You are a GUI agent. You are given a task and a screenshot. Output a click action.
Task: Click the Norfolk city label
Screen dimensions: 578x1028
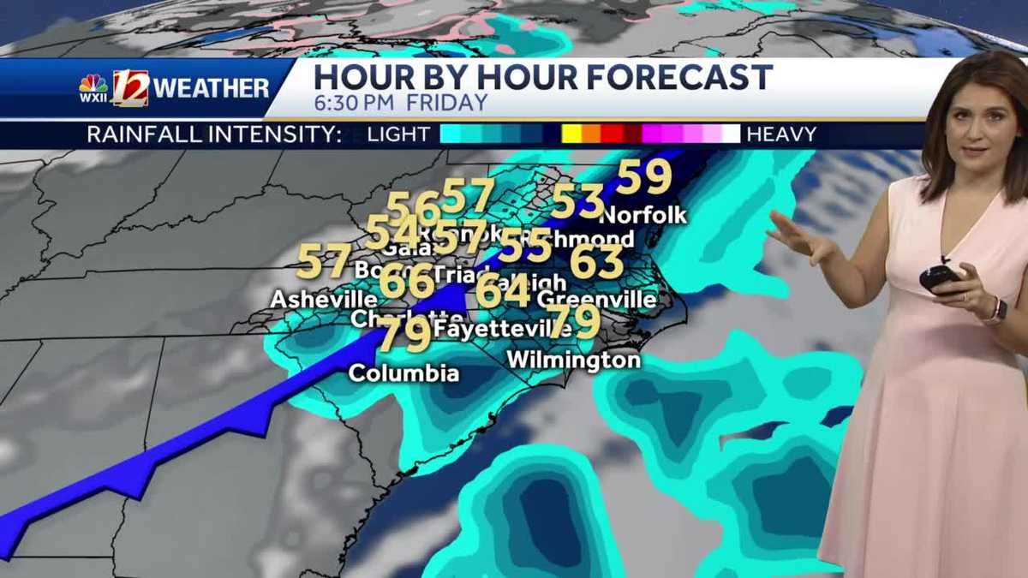pyautogui.click(x=643, y=215)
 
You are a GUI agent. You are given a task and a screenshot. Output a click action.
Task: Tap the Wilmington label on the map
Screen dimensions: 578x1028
pyautogui.click(x=573, y=361)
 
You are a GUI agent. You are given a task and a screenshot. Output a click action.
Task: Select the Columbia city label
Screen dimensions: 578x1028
pyautogui.click(x=403, y=373)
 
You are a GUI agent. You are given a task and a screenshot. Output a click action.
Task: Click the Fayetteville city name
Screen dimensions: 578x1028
pyautogui.click(x=491, y=328)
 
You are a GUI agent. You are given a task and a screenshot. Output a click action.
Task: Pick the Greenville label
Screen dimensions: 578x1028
pyautogui.click(x=597, y=300)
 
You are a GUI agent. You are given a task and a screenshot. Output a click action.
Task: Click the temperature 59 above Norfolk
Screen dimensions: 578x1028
pyautogui.click(x=644, y=178)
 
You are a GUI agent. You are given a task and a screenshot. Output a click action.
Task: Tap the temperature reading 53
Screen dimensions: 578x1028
pyautogui.click(x=578, y=202)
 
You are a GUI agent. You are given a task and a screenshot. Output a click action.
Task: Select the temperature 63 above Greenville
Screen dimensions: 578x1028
pyautogui.click(x=596, y=262)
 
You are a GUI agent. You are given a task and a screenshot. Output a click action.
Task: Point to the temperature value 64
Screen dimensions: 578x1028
pyautogui.click(x=503, y=291)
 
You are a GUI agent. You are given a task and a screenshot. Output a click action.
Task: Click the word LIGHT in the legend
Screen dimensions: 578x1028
pyautogui.click(x=398, y=134)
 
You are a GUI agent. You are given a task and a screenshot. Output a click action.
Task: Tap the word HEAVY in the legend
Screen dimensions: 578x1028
pyautogui.click(x=781, y=134)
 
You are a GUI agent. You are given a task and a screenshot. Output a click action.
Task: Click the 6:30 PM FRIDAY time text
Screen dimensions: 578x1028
pyautogui.click(x=400, y=103)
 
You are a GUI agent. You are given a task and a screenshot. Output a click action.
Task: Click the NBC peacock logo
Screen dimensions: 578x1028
pyautogui.click(x=93, y=84)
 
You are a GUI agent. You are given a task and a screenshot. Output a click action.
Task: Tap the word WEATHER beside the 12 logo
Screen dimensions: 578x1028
pyautogui.click(x=212, y=87)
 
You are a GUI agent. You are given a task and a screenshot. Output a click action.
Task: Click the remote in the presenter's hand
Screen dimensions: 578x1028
pyautogui.click(x=939, y=277)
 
